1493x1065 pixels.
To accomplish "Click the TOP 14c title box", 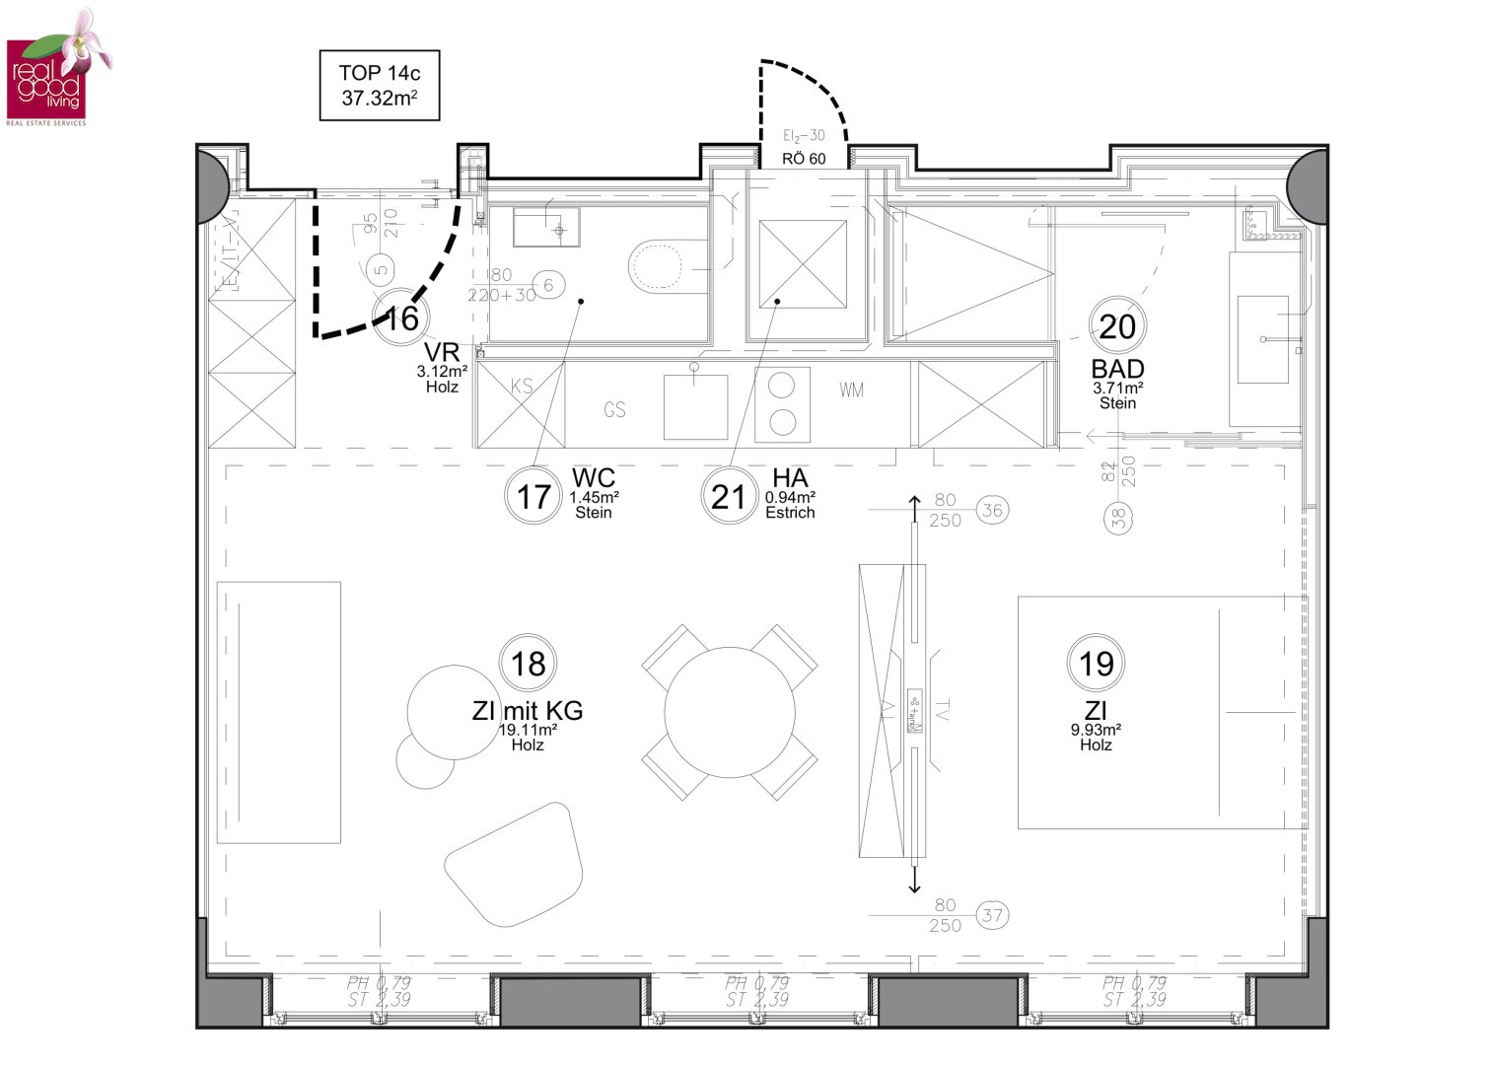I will pyautogui.click(x=380, y=86).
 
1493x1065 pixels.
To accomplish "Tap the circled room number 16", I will pyautogui.click(x=402, y=318).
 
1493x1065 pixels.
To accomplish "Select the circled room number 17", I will pyautogui.click(x=533, y=496).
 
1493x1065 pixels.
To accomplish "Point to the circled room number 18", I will pyautogui.click(x=529, y=664).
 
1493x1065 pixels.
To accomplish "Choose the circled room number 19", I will pyautogui.click(x=1096, y=664).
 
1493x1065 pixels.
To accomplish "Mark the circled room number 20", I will pyautogui.click(x=1116, y=326).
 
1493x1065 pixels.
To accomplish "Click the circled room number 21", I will pyautogui.click(x=728, y=496).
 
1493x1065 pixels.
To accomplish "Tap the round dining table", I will pyautogui.click(x=730, y=712).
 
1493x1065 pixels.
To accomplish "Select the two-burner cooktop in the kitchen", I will pyautogui.click(x=783, y=404).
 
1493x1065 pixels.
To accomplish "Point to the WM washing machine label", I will pyautogui.click(x=852, y=390).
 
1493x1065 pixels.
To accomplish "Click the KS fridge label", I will pyautogui.click(x=523, y=387).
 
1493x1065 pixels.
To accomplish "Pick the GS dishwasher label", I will pyautogui.click(x=615, y=409).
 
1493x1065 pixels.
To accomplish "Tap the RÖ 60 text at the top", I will pyautogui.click(x=804, y=159).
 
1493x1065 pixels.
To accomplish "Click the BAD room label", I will pyautogui.click(x=1117, y=370).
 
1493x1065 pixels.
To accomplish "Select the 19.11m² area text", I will pyautogui.click(x=528, y=730).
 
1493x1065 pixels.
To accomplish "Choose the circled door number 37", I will pyautogui.click(x=993, y=915).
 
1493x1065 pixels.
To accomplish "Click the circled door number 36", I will pyautogui.click(x=992, y=510).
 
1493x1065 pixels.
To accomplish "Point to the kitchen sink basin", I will pyautogui.click(x=695, y=406).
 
